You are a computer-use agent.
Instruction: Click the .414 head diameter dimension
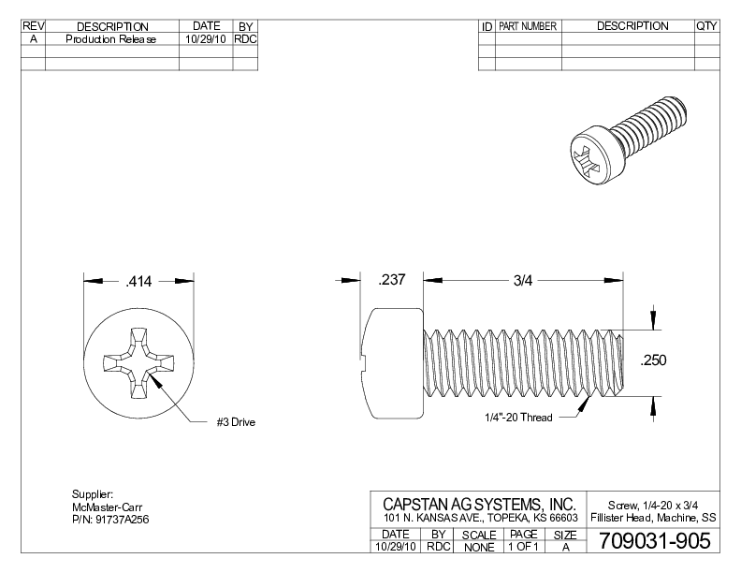pos(138,281)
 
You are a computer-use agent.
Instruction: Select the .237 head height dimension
pos(391,281)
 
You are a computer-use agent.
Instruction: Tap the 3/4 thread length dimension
pos(523,281)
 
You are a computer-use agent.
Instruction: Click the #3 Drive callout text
pos(236,422)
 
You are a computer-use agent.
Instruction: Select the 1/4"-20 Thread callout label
pos(517,417)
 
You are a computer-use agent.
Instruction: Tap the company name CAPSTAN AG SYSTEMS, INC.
pos(479,505)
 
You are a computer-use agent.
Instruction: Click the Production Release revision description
pos(111,39)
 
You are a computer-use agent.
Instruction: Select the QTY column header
pos(706,26)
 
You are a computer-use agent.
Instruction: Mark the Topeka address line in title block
pos(479,518)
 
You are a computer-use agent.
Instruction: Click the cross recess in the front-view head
pos(138,362)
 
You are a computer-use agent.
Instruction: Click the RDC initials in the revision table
pos(245,39)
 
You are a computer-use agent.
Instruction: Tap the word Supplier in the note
pos(92,494)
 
